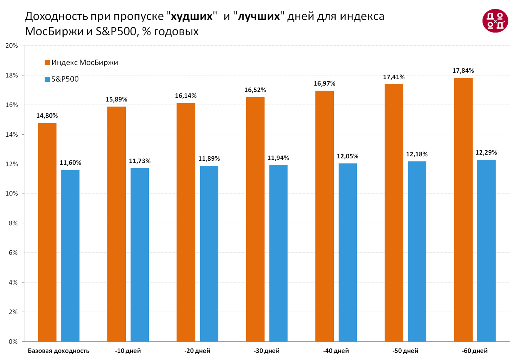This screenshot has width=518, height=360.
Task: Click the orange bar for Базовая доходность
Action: (47, 232)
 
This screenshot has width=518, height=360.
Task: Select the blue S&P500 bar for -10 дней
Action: (140, 255)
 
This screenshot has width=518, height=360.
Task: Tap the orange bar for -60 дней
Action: (463, 210)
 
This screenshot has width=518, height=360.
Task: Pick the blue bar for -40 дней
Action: (348, 252)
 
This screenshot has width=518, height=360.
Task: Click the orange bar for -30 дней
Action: (255, 219)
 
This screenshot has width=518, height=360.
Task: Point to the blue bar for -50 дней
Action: (417, 251)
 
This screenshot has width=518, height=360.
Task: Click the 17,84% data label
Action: (463, 71)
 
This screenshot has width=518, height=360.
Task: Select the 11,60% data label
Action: (70, 163)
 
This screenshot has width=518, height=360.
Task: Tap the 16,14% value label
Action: (186, 96)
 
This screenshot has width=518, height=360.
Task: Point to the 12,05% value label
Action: (348, 156)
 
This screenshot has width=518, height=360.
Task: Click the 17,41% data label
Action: (394, 77)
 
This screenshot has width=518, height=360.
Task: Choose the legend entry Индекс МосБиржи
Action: (85, 63)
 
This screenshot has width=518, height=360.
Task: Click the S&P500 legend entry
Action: (65, 80)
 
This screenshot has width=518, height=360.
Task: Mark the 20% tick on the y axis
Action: (12, 46)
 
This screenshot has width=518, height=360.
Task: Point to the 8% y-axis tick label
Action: (13, 223)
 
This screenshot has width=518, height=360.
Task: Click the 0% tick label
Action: (13, 341)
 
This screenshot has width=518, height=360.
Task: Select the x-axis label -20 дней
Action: (197, 351)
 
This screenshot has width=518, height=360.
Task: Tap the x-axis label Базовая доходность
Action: (58, 351)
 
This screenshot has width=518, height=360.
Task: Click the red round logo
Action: (495, 21)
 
